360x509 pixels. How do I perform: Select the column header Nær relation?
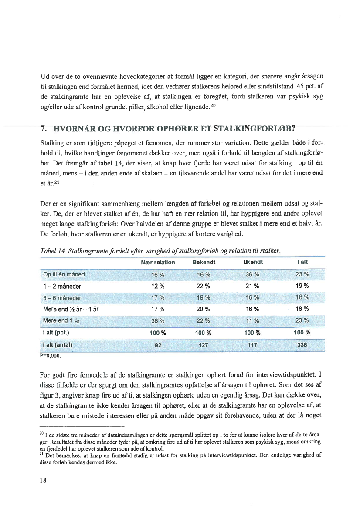coord(158,262)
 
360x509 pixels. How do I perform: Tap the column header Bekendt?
coord(204,262)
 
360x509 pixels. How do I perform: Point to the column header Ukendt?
coord(253,262)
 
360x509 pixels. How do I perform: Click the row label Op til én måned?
coord(64,274)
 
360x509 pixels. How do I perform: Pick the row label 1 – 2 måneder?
coord(62,286)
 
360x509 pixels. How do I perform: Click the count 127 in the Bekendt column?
coord(203,345)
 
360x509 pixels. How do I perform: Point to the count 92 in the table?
coord(158,345)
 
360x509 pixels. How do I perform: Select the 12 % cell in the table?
coord(157,286)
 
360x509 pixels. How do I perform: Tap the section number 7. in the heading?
coord(44,129)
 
